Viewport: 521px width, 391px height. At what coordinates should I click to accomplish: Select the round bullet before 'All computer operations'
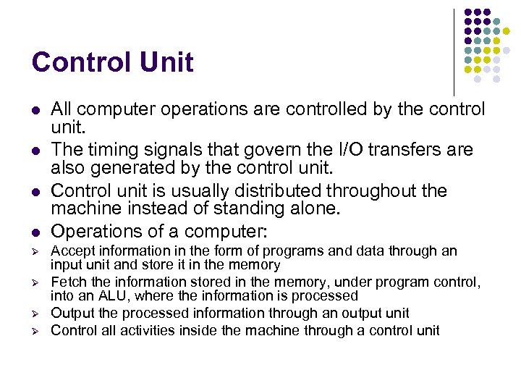(x=35, y=110)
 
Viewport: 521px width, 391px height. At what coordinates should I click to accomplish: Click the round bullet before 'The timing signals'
(x=35, y=151)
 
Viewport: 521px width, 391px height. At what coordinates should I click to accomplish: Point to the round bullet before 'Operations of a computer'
(x=35, y=232)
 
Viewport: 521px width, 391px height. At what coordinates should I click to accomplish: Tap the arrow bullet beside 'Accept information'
(x=35, y=252)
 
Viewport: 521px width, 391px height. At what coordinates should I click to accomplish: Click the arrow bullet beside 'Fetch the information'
(x=35, y=283)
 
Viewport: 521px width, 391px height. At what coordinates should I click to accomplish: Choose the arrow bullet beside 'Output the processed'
(x=35, y=314)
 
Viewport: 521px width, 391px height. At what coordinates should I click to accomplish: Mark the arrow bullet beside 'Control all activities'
(x=35, y=331)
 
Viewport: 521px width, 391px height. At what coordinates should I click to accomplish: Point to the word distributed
(x=267, y=190)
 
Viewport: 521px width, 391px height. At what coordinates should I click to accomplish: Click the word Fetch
(x=67, y=282)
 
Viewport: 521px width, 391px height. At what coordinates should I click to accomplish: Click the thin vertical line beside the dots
(x=454, y=51)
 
